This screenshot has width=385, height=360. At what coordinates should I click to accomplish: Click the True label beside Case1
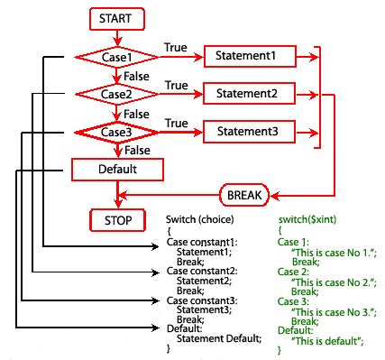click(176, 48)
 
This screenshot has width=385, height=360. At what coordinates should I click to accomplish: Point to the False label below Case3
click(137, 151)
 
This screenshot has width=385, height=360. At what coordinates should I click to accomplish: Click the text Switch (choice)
click(200, 219)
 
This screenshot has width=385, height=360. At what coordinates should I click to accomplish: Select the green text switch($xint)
click(307, 219)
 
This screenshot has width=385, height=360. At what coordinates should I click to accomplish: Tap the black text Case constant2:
click(202, 271)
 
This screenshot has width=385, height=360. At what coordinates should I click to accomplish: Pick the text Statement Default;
click(219, 338)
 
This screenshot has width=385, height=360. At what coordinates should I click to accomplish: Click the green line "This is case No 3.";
click(334, 312)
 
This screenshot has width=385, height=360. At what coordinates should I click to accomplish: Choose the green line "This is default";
click(327, 341)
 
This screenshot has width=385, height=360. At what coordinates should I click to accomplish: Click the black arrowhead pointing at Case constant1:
click(155, 246)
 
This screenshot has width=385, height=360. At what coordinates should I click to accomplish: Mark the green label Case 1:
click(293, 242)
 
